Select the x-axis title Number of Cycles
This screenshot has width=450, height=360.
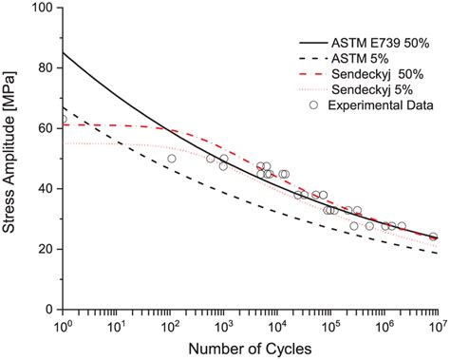click(x=249, y=349)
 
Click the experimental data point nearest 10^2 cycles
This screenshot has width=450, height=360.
click(x=171, y=159)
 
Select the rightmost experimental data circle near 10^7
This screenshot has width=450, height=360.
click(x=434, y=237)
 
